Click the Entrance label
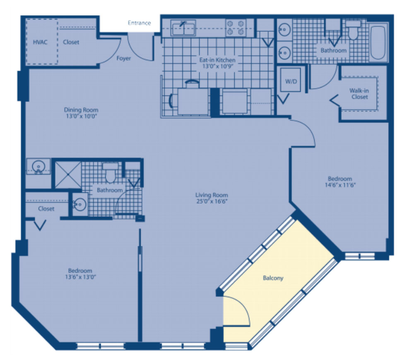139,23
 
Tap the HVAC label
40,42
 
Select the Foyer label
123,58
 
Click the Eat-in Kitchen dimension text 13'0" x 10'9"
217,66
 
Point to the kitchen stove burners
236,28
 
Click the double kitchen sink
183,28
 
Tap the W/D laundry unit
291,80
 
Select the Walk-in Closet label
359,94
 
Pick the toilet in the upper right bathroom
353,30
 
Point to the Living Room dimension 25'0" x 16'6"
212,202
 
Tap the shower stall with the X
68,175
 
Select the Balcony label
273,278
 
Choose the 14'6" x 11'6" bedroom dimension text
340,185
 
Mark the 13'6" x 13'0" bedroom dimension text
80,277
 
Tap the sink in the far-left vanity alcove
38,167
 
